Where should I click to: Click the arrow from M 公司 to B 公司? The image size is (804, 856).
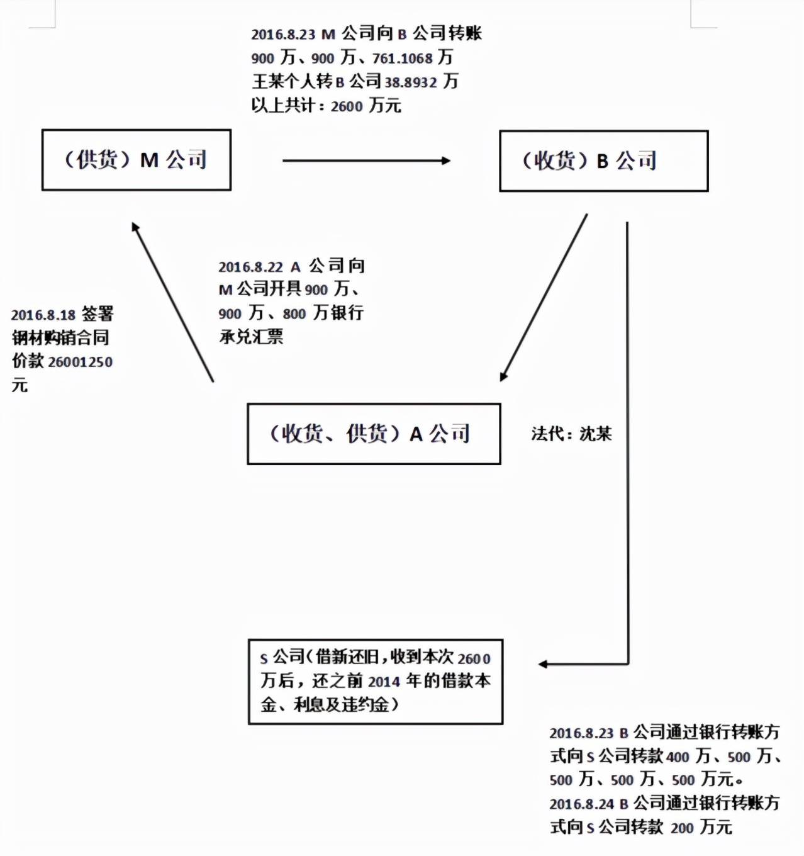(366, 160)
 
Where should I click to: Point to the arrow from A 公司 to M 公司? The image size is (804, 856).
(172, 301)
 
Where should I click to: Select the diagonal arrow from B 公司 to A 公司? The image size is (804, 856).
(544, 298)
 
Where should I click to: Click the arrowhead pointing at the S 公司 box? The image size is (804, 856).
(543, 664)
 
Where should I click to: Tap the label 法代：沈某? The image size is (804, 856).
(571, 434)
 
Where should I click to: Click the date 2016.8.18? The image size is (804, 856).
(43, 315)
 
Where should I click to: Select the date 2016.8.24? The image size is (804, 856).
(582, 804)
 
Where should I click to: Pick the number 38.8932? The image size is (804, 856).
(411, 82)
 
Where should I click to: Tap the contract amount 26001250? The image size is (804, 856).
(80, 362)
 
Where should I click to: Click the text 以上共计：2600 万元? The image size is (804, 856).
(326, 106)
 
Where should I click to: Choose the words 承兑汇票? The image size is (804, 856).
(251, 337)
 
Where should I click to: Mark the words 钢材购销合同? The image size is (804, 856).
(60, 339)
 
